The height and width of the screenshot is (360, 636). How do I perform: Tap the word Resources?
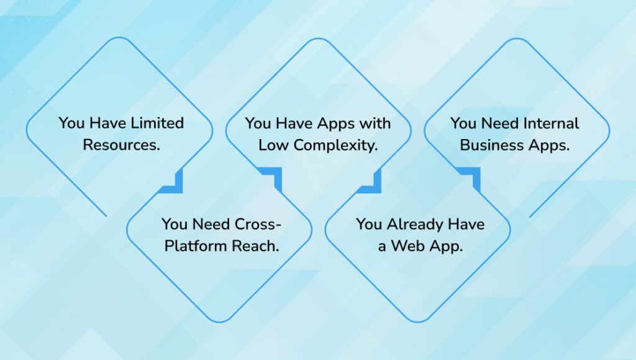[x=119, y=145]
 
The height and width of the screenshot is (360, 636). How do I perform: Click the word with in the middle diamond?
[x=375, y=123]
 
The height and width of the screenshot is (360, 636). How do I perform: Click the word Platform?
[x=196, y=245]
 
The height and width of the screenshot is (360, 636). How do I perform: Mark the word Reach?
[x=255, y=245]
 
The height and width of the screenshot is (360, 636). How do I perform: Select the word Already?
[x=414, y=223]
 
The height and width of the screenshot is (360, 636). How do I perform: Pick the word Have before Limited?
[x=109, y=123]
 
